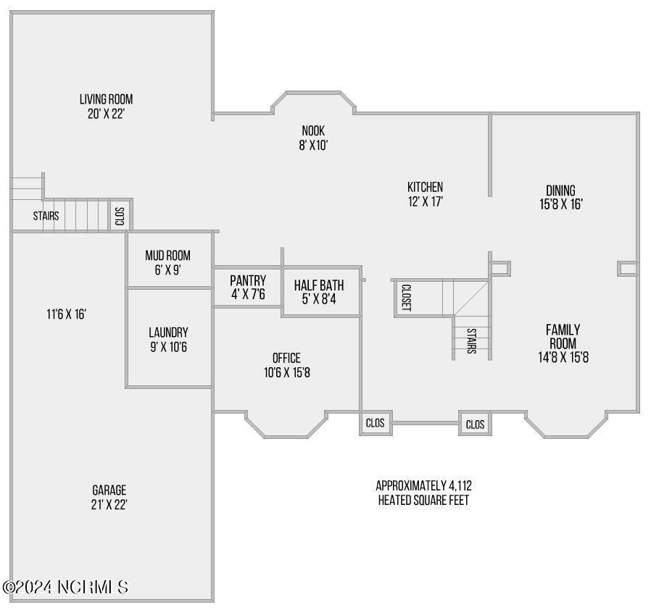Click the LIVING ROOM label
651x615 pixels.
click(x=106, y=99)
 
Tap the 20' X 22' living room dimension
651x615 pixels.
click(x=106, y=114)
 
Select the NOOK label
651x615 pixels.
click(x=313, y=130)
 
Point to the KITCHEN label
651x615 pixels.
click(x=425, y=187)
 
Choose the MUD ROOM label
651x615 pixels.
click(x=167, y=256)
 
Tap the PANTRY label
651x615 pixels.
click(x=248, y=280)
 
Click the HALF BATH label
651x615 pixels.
click(x=319, y=285)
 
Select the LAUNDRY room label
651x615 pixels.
click(x=168, y=332)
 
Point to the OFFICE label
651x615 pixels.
click(x=286, y=358)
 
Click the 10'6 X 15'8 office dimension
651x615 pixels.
click(x=287, y=373)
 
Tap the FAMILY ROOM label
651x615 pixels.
click(x=563, y=336)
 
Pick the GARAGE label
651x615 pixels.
click(x=109, y=490)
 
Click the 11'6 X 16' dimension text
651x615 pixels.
click(x=67, y=314)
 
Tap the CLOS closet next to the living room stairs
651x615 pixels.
click(x=120, y=216)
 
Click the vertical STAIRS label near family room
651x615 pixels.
click(x=471, y=340)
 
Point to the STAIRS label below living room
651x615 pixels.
click(x=46, y=216)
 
